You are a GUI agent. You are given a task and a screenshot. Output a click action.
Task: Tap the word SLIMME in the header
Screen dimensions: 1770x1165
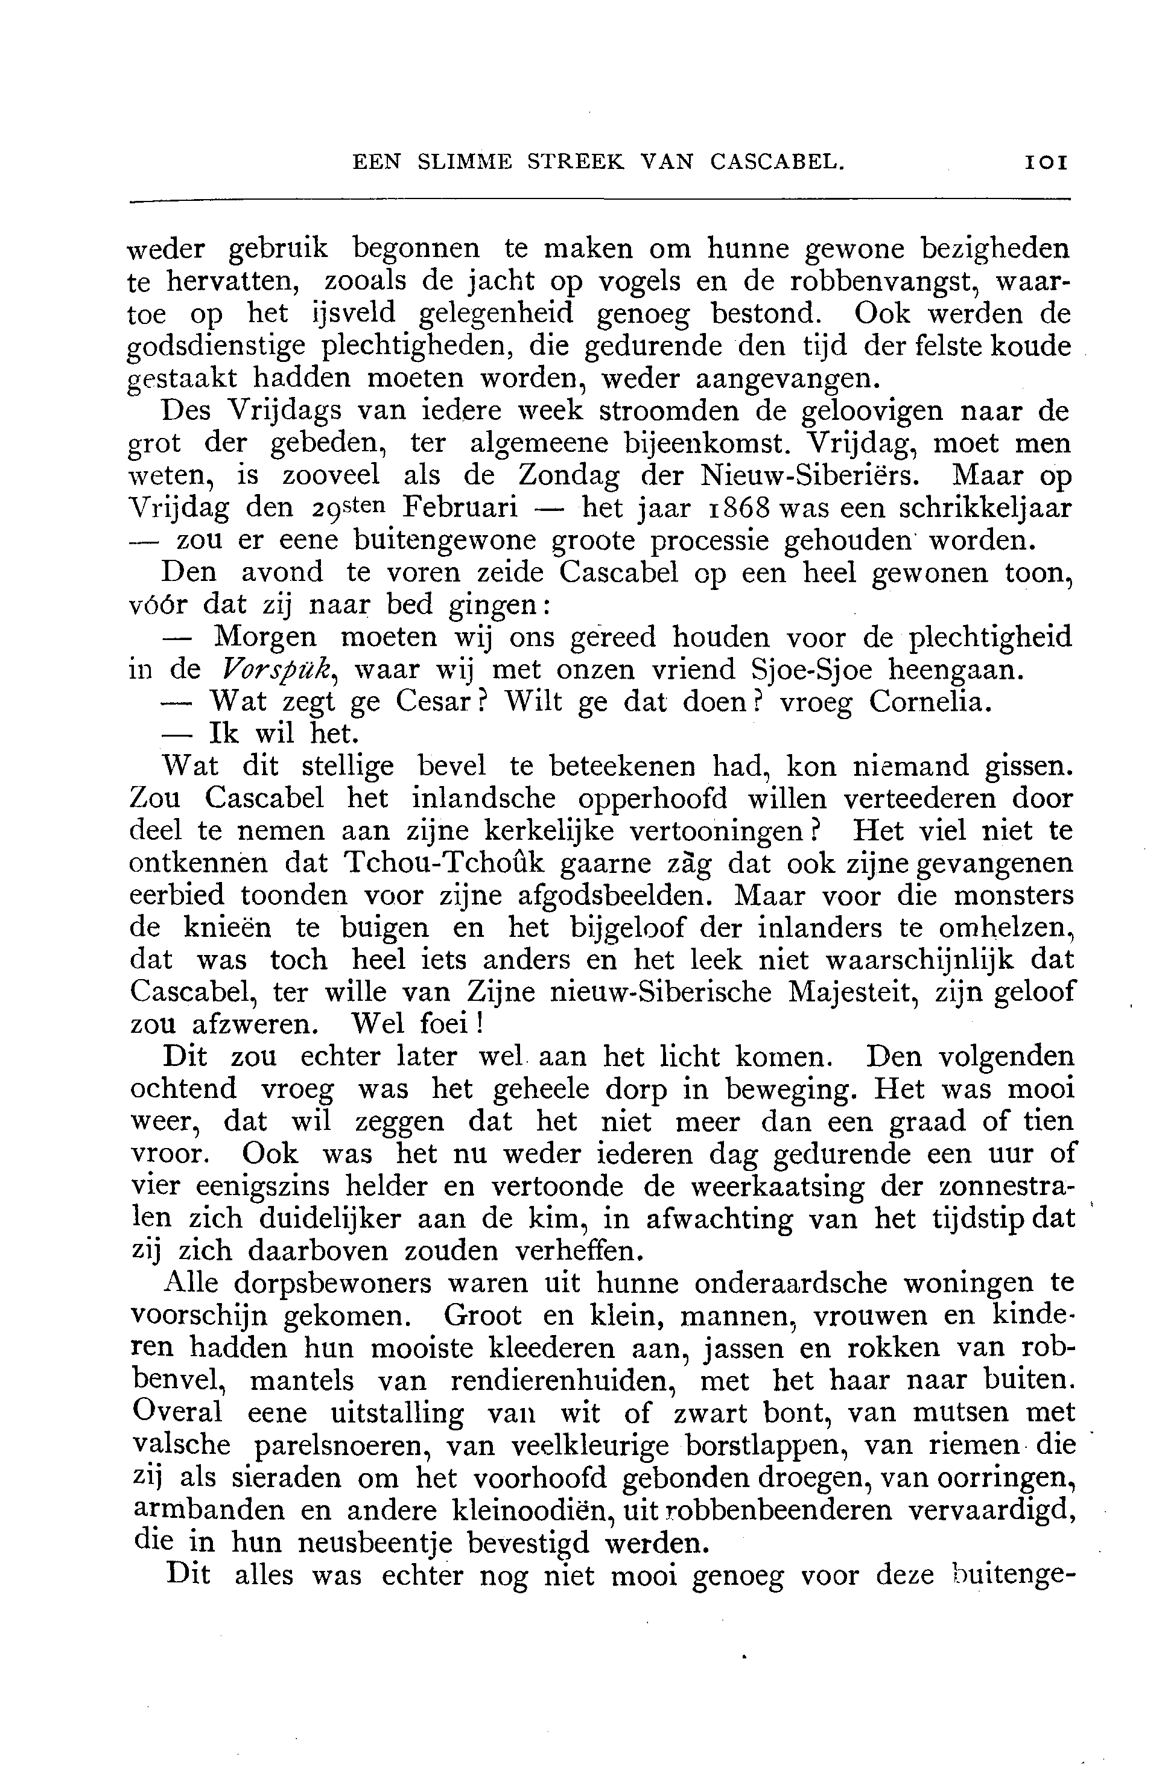point(464,162)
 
